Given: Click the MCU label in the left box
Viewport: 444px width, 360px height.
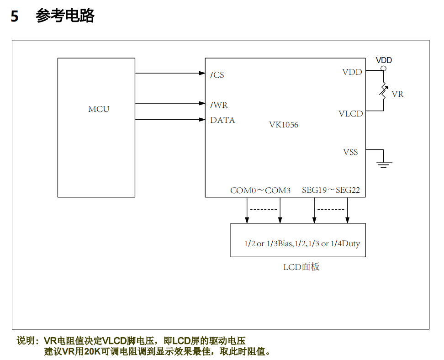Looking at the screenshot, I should click(x=99, y=109).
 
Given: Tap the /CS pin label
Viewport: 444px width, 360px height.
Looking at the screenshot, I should click(x=217, y=75).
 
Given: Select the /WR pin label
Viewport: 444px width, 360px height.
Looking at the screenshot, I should click(x=219, y=105).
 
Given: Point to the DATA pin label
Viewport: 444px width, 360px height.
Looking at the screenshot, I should click(x=222, y=120).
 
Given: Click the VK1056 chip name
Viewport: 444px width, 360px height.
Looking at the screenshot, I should click(x=284, y=124).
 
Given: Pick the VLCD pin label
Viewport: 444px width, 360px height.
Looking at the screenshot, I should click(x=350, y=114).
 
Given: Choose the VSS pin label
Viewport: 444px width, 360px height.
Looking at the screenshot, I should click(x=350, y=152).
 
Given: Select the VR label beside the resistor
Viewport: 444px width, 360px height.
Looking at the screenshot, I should click(x=397, y=94).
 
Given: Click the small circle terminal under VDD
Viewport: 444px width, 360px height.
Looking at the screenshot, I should click(x=383, y=69).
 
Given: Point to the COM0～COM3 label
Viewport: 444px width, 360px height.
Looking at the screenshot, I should click(x=260, y=190).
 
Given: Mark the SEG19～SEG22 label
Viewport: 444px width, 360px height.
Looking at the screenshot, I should click(x=331, y=190).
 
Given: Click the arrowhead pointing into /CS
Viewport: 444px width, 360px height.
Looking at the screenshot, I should click(x=202, y=73).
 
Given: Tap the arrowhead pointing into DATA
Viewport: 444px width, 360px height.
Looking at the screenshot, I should click(x=202, y=120).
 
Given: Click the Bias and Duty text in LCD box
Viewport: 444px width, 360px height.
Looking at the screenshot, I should click(x=302, y=244).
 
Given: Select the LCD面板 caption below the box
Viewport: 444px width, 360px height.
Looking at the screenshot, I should click(x=301, y=267).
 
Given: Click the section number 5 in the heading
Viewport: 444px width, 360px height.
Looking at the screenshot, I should click(x=15, y=16).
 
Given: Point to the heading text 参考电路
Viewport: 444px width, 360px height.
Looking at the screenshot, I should click(x=65, y=16).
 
